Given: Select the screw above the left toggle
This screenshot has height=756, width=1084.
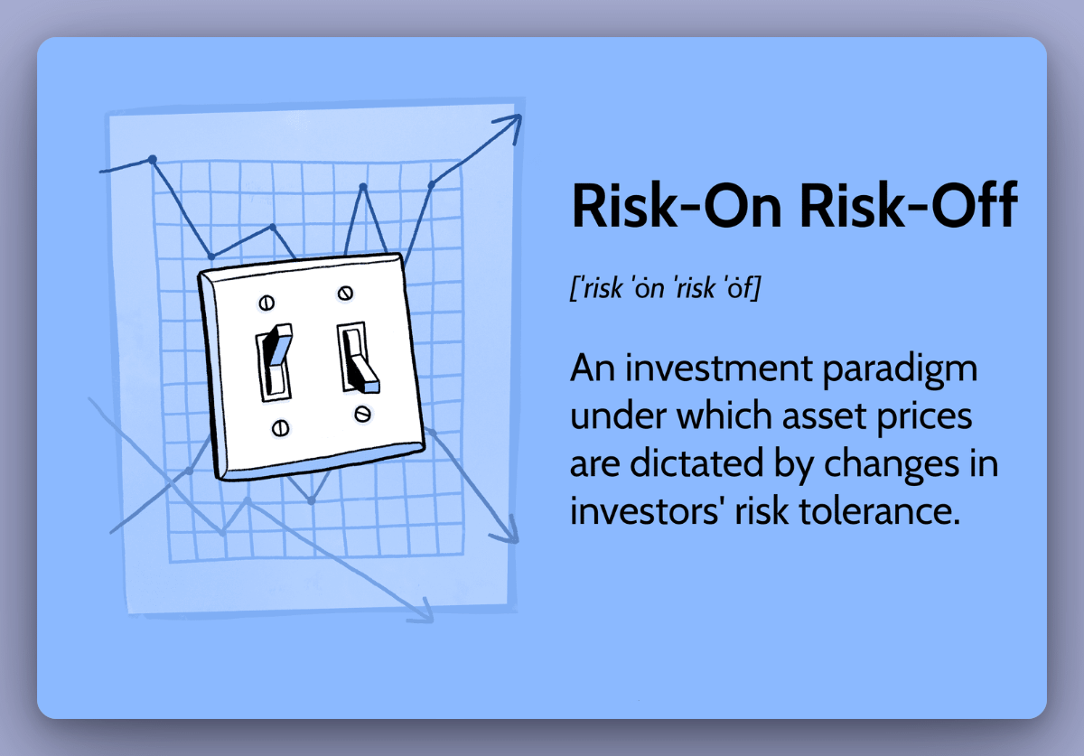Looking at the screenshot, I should tap(267, 302).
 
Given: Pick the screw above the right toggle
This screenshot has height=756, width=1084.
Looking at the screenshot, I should tap(344, 293).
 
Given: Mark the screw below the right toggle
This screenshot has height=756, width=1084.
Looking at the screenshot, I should tap(362, 414).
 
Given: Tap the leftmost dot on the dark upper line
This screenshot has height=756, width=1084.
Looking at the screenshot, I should tap(153, 160).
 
